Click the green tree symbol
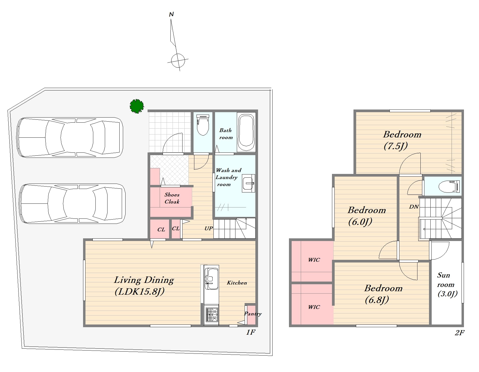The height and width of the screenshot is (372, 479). coord(137,106)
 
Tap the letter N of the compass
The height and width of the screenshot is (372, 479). coord(171,14)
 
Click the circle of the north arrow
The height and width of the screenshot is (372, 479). coord(178,61)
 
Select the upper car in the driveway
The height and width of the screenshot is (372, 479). coord(70,137)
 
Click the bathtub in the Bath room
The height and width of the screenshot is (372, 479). coord(246,133)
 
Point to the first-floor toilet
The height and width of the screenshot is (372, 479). coord(203,125)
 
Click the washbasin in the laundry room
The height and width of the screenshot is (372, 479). coord(248,183)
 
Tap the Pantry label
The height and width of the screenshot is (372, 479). coord(253,314)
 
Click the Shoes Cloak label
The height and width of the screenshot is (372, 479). coord(172,198)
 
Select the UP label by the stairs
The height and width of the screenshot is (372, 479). coord(209,228)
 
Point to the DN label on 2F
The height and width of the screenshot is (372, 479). coord(414,207)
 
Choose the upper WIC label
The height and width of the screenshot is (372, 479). coord(314,260)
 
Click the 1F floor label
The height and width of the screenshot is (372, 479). coord(251,332)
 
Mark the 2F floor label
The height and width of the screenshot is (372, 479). coord(460,333)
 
